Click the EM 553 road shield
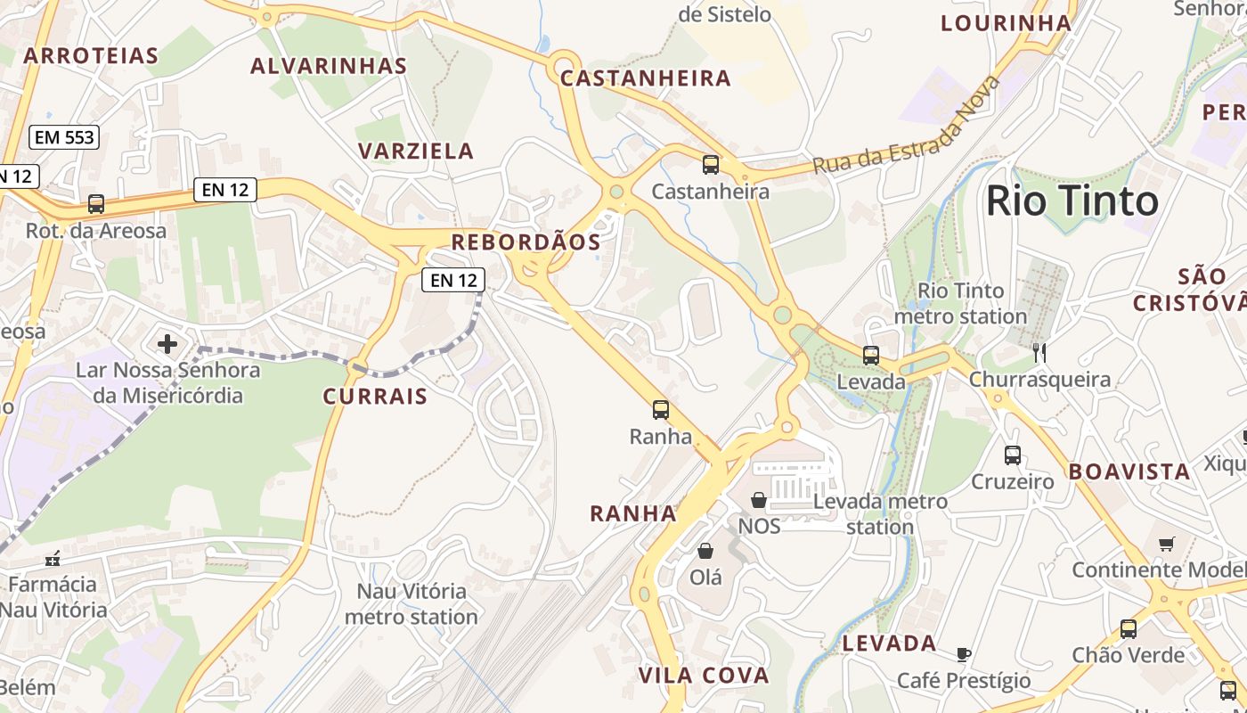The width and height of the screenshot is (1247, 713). (x=63, y=137)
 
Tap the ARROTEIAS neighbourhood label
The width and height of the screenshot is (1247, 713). (x=91, y=56)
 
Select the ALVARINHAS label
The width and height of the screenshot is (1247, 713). (x=329, y=66)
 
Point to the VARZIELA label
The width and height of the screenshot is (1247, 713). (x=416, y=151)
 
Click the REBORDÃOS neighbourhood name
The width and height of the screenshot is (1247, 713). (x=526, y=242)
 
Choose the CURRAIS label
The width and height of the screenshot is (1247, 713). (x=375, y=397)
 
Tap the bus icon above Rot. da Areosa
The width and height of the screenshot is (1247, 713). (x=96, y=204)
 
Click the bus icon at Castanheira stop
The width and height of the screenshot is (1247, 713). (x=710, y=165)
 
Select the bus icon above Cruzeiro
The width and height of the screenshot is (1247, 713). (x=1012, y=455)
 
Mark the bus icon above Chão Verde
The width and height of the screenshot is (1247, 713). (x=1129, y=629)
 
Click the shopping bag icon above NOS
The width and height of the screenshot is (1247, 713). (x=759, y=500)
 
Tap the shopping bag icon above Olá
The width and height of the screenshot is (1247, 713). (x=705, y=551)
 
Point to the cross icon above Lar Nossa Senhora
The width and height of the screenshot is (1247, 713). (x=167, y=343)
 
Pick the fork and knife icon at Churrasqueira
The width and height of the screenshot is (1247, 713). (x=1039, y=353)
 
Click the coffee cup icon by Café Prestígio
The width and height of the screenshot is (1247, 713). (x=963, y=655)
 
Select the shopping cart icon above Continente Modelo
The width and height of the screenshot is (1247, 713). (x=1166, y=544)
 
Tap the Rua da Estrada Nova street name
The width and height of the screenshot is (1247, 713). (x=907, y=128)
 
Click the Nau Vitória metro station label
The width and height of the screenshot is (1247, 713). (x=412, y=603)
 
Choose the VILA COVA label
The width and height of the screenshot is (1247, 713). (x=704, y=676)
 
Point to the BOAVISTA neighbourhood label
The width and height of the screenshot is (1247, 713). (x=1129, y=471)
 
